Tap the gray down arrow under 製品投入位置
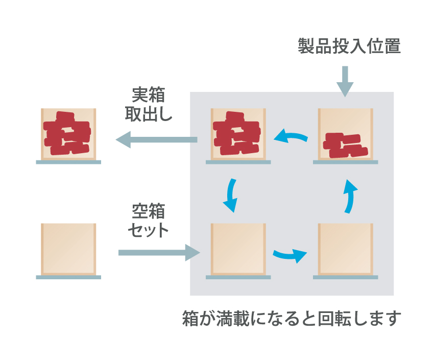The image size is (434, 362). pyautogui.click(x=345, y=81)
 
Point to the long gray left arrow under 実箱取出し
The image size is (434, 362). pyautogui.click(x=156, y=139)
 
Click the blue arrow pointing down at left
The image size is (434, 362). pyautogui.click(x=230, y=195)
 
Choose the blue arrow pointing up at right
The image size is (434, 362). pyautogui.click(x=349, y=196)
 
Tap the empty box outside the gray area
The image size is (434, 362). pyautogui.click(x=68, y=249)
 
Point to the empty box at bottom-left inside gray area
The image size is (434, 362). pyautogui.click(x=238, y=249)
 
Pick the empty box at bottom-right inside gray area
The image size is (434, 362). pyautogui.click(x=345, y=249)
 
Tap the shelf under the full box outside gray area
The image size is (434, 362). pyautogui.click(x=68, y=162)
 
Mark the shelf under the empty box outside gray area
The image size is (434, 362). pyautogui.click(x=68, y=277)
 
